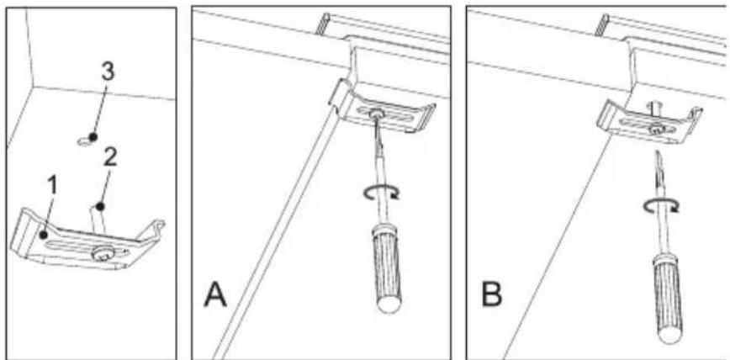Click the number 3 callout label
tap(107, 71)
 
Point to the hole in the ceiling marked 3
tap(84, 143)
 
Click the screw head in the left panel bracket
tap(104, 253)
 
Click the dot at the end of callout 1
tap(43, 237)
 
